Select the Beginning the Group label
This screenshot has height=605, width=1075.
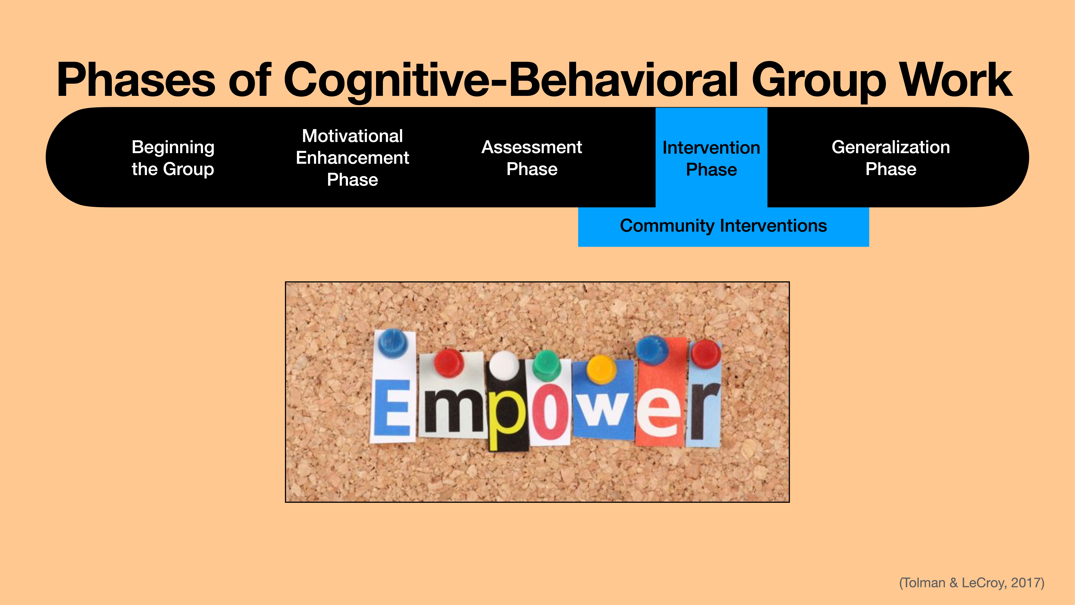click(173, 158)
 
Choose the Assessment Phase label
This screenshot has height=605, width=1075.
click(532, 158)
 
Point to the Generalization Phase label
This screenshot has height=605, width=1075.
click(891, 158)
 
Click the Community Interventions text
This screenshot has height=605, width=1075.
click(723, 225)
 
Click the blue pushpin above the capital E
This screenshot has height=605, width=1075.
click(393, 341)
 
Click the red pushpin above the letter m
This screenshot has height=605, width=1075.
click(449, 362)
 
